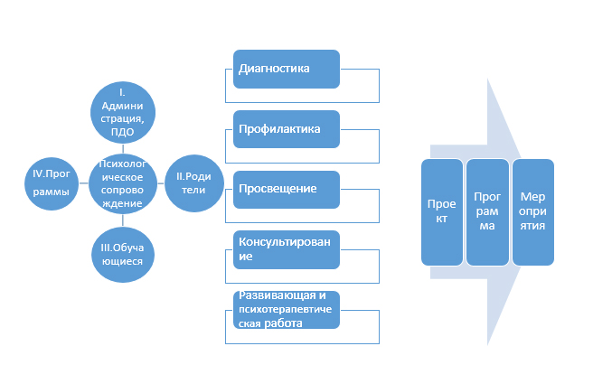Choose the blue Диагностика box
[x=286, y=69]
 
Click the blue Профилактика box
[x=286, y=128]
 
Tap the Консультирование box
[x=286, y=248]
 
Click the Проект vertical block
[x=442, y=211]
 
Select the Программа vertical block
[x=486, y=211]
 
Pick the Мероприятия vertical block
[x=532, y=211]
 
